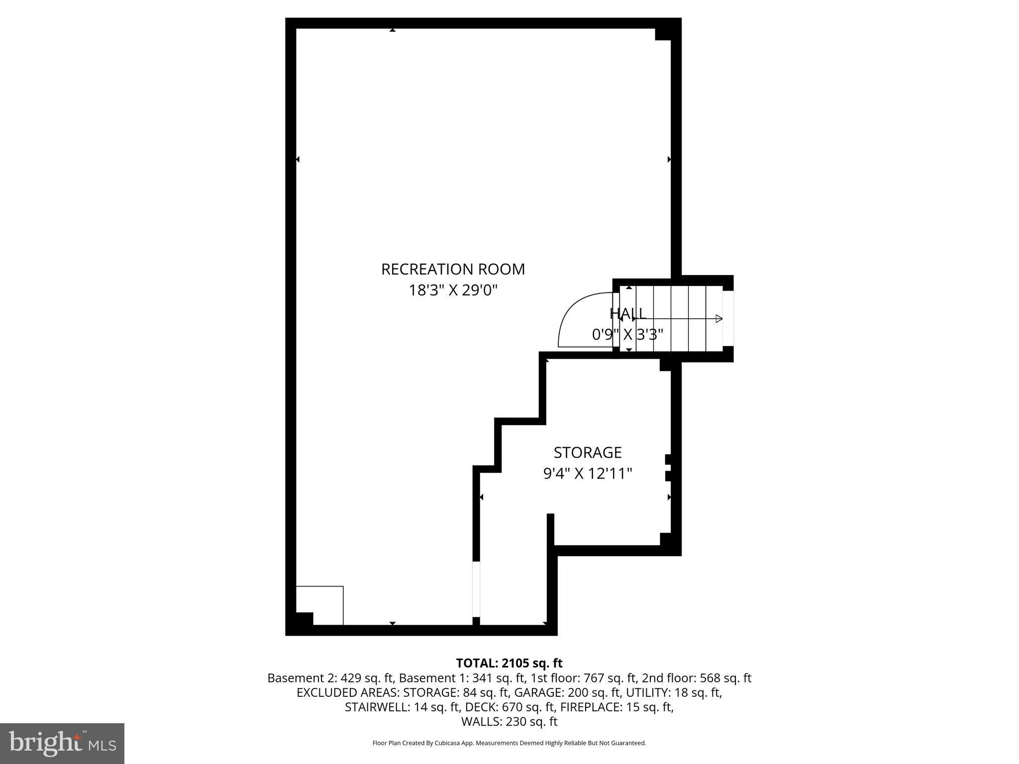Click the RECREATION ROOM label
[x=453, y=269]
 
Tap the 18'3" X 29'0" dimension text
[x=453, y=290]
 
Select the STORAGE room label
[x=588, y=453]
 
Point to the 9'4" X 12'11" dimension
[x=588, y=474]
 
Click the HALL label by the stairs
[x=628, y=313]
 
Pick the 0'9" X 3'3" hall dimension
[x=628, y=335]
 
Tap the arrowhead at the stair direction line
[x=718, y=319]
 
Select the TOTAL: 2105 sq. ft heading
[x=509, y=663]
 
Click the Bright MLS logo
[x=62, y=743]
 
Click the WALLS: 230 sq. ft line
[x=509, y=722]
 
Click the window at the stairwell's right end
[x=728, y=318]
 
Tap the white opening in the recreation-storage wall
[x=476, y=589]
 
